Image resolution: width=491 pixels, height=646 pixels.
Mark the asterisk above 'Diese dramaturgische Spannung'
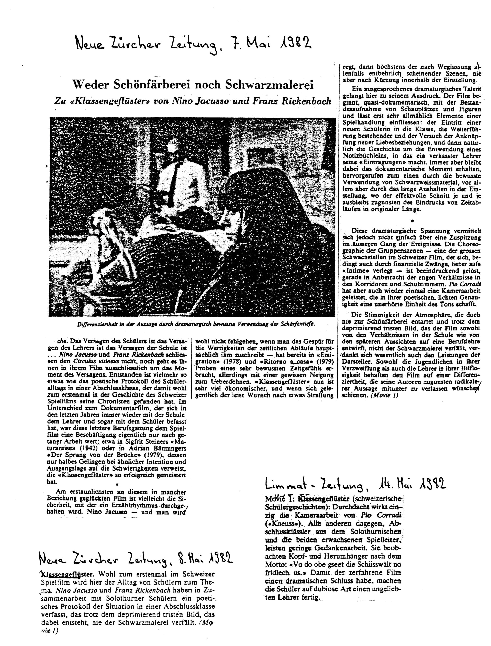412,220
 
